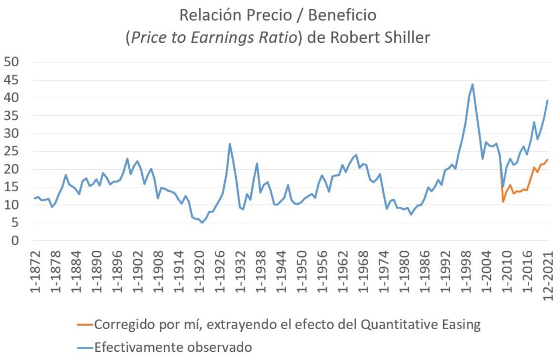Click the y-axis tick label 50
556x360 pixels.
(11, 62)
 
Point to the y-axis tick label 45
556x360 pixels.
(11, 80)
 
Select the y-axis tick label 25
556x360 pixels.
(11, 134)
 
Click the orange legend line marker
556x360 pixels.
(84, 325)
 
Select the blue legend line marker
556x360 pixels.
(84, 346)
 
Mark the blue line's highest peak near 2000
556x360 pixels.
(472, 84)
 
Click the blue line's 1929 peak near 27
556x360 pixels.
(230, 144)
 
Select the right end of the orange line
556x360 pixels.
(547, 160)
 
